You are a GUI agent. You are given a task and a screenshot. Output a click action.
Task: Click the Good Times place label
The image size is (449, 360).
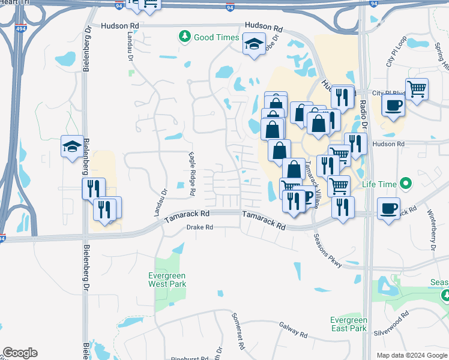click(217, 37)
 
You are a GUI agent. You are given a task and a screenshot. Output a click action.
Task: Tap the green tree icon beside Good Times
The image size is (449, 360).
click(185, 37)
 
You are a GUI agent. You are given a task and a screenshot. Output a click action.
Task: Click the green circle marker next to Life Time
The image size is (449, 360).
click(407, 184)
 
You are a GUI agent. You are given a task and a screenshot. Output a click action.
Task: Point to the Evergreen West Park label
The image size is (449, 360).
click(167, 280)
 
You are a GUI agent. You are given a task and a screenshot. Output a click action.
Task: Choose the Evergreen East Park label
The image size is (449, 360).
click(348, 324)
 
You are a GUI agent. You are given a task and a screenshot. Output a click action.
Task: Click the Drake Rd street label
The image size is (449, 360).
click(199, 227)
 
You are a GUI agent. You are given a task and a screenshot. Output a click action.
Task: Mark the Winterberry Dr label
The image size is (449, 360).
click(431, 230)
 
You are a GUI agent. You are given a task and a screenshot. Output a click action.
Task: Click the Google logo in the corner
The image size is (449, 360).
click(20, 353)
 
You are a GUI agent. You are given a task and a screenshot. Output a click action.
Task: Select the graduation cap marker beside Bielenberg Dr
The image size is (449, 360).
click(72, 146)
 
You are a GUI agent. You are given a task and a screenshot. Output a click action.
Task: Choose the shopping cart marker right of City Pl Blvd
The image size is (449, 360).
click(417, 89)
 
